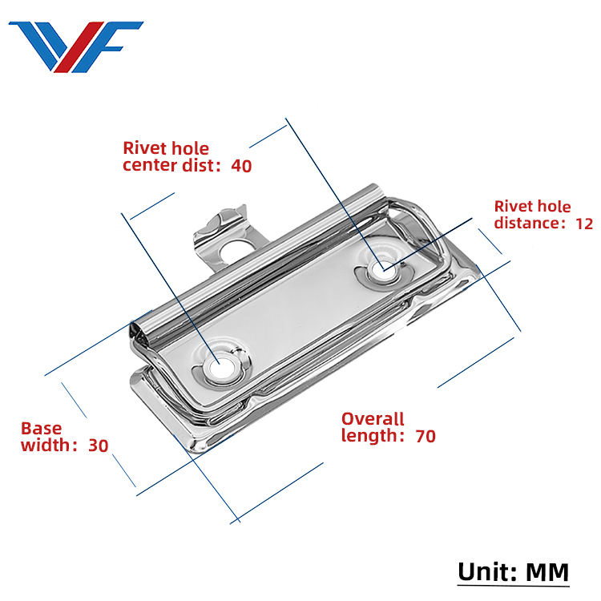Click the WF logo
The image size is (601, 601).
(x=75, y=46)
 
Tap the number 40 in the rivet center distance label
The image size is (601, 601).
(x=241, y=166)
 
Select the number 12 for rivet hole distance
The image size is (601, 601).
(x=584, y=223)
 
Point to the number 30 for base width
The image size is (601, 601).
(x=99, y=446)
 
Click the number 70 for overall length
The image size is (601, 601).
(x=426, y=436)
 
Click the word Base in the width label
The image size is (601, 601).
(x=41, y=428)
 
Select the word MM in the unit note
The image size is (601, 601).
(x=547, y=572)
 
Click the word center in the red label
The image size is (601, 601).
(x=148, y=167)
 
